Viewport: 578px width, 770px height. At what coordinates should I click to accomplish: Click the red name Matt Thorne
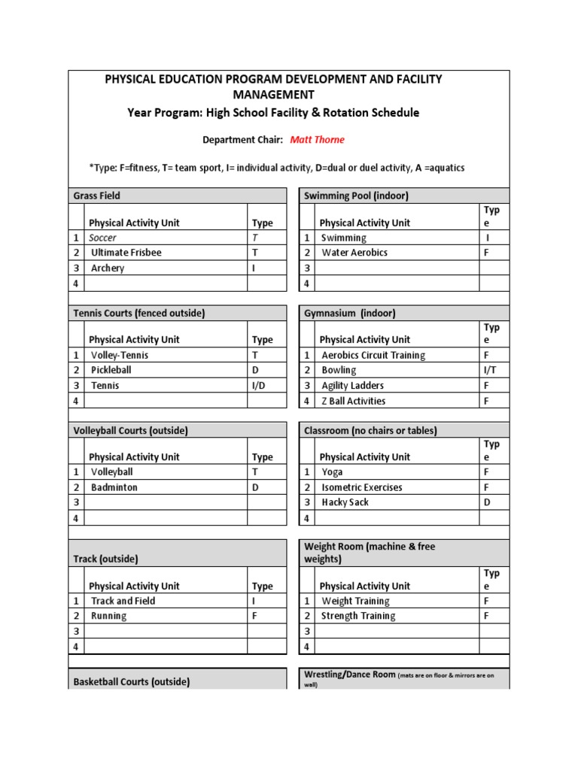[x=317, y=140]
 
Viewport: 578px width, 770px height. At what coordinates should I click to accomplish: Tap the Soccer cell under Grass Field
[x=104, y=238]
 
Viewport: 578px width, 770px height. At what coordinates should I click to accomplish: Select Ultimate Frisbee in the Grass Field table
[x=126, y=253]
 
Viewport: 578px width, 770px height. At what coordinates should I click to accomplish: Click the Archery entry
[x=108, y=268]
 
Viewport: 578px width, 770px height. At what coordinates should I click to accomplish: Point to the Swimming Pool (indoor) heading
[x=356, y=196]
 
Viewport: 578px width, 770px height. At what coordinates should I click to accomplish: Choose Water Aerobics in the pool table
[x=354, y=253]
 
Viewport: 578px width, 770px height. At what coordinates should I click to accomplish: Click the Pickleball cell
[x=111, y=370]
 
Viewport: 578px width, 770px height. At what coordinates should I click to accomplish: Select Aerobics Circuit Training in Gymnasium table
[x=373, y=355]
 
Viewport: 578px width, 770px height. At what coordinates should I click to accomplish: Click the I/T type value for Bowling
[x=489, y=370]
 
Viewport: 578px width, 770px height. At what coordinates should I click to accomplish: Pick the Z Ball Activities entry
[x=354, y=401]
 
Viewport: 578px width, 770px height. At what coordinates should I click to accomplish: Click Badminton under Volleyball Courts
[x=114, y=487]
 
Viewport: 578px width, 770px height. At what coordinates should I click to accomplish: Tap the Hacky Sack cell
[x=345, y=502]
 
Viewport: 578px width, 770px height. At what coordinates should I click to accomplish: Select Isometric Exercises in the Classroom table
[x=362, y=487]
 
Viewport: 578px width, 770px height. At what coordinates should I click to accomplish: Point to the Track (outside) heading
[x=105, y=559]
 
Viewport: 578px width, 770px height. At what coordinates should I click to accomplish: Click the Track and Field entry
[x=123, y=601]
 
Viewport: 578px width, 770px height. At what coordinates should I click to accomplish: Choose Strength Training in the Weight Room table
[x=358, y=616]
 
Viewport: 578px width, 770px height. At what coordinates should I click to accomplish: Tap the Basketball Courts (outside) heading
[x=131, y=682]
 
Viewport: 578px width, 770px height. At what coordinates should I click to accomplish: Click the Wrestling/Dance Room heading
[x=349, y=675]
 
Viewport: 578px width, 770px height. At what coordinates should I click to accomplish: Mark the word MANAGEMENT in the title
[x=273, y=95]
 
